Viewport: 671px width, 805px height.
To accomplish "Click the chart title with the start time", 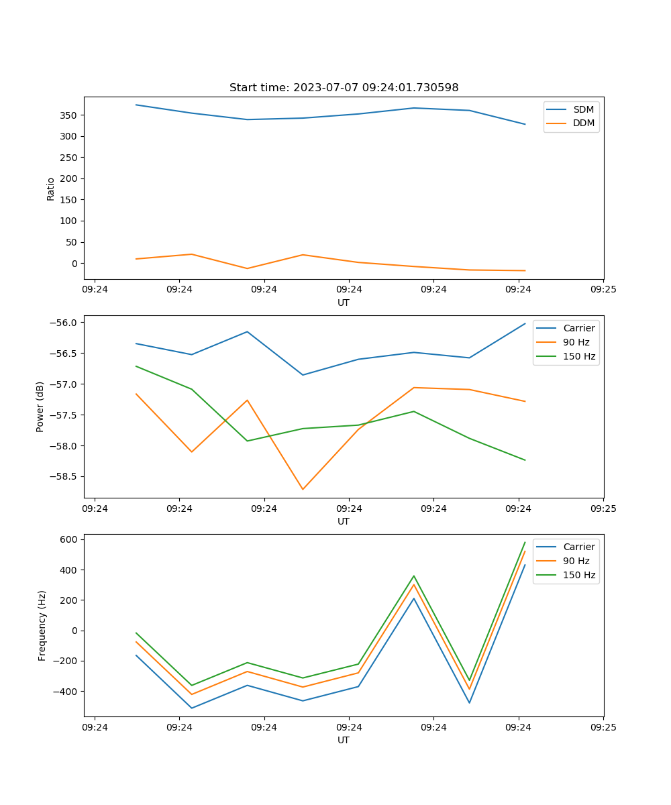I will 344,88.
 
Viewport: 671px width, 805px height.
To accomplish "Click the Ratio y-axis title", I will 51,189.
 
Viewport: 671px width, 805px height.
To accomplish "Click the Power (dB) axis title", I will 40,407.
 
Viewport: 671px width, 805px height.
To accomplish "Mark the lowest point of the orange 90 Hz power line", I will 303,489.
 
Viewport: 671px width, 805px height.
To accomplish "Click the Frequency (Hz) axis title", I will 42,625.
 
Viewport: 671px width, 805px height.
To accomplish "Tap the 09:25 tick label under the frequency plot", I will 603,727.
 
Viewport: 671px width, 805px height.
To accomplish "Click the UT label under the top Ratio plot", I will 344,303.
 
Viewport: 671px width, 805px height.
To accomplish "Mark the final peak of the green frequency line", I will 525,542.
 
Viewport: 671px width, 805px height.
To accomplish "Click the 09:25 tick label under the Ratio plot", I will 603,290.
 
